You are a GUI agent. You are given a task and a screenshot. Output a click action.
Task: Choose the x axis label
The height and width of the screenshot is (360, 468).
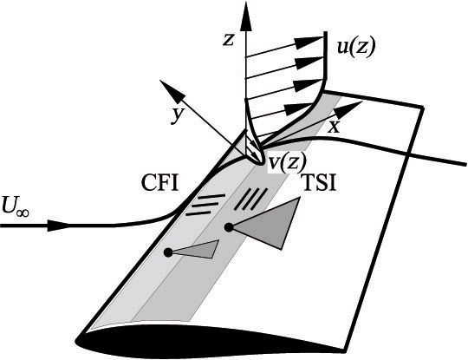tap(333, 125)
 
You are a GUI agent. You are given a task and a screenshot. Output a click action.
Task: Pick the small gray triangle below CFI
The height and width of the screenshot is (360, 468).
tap(198, 250)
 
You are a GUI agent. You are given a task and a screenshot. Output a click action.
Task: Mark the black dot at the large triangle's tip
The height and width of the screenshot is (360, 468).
tap(229, 227)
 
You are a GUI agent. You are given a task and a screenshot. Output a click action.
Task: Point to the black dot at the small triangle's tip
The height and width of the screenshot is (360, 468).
tap(168, 252)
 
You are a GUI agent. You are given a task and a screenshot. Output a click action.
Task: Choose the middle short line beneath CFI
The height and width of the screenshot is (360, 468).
tap(204, 205)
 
